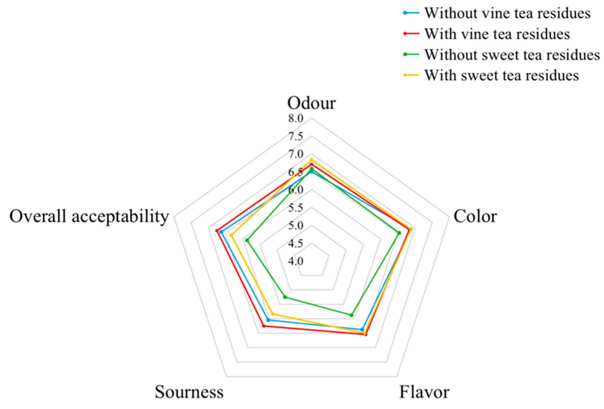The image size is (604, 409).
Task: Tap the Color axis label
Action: coord(475,216)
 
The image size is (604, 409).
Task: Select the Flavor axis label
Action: coord(424,392)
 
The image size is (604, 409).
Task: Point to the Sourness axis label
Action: coord(189,392)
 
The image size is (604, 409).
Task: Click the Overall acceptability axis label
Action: coord(89,216)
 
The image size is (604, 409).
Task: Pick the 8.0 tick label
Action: coord(296,118)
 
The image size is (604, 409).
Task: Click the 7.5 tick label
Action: coord(296,136)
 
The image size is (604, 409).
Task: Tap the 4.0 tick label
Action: coord(296,261)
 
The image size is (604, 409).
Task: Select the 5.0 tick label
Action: coord(296,225)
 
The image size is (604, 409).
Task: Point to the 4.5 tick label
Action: coord(296,243)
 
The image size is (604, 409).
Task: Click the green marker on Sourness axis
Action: coord(285,297)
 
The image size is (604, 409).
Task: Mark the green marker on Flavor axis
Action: coord(351,315)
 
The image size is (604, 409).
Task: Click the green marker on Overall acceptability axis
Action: coord(247,240)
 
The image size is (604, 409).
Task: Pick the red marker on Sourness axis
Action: coord(264,326)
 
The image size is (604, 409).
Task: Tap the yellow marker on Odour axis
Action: coord(312,160)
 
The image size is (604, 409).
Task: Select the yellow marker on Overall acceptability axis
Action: coord(231,235)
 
